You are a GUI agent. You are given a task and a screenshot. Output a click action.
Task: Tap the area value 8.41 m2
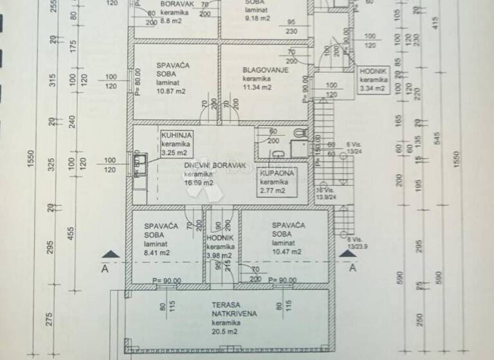coord(157,252)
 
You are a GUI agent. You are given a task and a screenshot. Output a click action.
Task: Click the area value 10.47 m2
coord(287,252)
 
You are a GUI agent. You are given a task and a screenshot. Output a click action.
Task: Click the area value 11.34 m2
coord(257,87)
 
